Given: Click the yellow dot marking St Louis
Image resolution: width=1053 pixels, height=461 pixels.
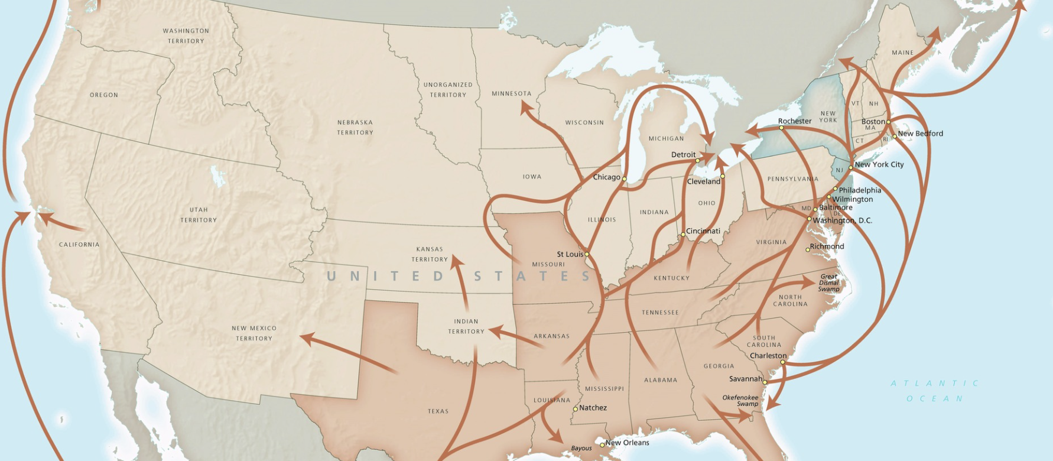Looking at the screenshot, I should (587, 255).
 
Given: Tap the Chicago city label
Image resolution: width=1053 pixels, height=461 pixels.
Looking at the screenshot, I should (606, 177).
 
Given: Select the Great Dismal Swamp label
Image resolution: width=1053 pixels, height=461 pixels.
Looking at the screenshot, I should (828, 283).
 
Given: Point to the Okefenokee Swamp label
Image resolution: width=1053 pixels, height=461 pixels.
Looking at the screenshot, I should (740, 401).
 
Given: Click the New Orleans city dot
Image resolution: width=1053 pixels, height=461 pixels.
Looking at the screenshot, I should (602, 444).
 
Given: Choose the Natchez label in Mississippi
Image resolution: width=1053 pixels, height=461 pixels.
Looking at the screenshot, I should (593, 408).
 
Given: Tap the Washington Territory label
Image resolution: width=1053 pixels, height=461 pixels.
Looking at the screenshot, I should (186, 36).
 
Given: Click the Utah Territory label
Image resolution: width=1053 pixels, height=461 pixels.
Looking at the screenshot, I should (199, 215).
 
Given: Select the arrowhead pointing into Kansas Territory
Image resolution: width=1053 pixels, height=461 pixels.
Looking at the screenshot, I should (456, 261).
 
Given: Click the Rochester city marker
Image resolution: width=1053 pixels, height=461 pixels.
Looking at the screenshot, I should (781, 128).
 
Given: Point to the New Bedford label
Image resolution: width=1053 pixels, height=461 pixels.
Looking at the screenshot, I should (920, 134).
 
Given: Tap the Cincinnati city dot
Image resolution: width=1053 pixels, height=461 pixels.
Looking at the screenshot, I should (682, 235).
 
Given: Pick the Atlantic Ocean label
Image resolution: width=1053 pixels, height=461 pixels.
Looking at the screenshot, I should (935, 391).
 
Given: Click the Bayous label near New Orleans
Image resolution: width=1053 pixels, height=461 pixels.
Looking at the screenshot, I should (581, 448).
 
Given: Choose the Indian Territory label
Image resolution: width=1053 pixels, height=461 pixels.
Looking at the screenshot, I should (466, 326).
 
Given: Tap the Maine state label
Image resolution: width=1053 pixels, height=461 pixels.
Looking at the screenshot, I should (902, 53).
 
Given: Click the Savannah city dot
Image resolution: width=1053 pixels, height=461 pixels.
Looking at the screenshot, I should (765, 382).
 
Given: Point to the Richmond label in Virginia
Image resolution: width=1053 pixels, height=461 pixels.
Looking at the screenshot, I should (827, 246).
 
